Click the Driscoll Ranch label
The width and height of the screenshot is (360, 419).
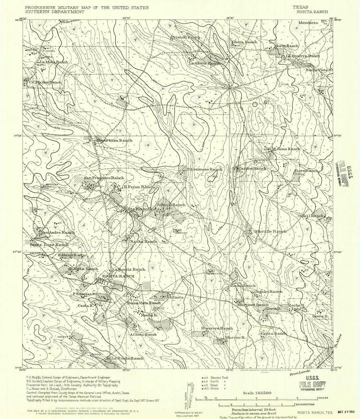(186, 37)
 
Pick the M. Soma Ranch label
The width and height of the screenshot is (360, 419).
(286, 149)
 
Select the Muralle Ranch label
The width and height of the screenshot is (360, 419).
(271, 231)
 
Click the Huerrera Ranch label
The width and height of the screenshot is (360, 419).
(217, 328)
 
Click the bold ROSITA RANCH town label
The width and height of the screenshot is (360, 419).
(118, 276)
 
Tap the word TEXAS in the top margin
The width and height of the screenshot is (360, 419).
(300, 7)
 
